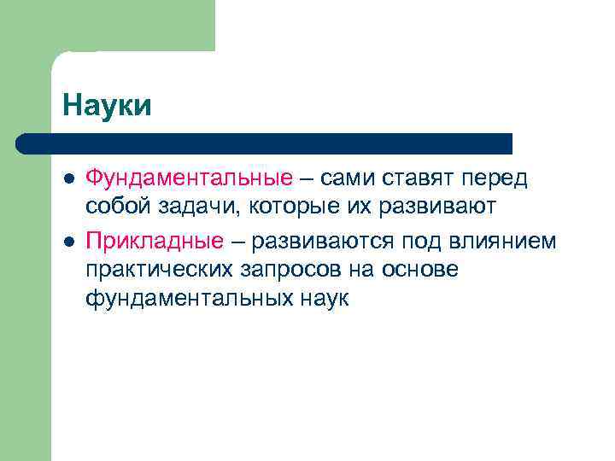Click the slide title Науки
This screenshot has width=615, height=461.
pos(107,106)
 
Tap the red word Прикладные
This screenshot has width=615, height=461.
pos(155,242)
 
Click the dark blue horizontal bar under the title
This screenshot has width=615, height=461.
pos(265,143)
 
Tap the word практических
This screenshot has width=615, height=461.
pos(159,271)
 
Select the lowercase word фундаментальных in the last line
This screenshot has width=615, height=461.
pos(188,300)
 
